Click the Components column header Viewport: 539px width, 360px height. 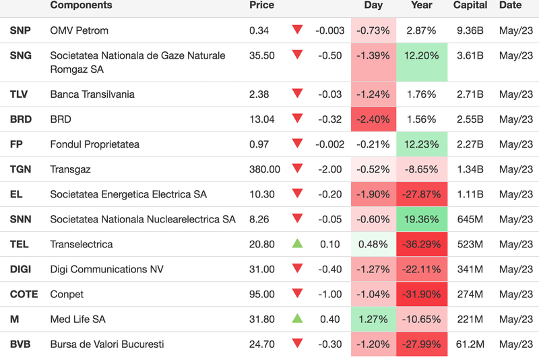coord(81,5)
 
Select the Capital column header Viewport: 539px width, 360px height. coord(470,5)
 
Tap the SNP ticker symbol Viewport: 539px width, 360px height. coord(21,30)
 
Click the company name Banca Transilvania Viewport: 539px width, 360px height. coord(92,94)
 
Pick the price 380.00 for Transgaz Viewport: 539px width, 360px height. coord(264,169)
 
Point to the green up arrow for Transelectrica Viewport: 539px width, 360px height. coord(297,243)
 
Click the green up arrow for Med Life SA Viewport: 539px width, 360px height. coord(297,318)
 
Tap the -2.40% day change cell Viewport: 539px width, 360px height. coord(373,119)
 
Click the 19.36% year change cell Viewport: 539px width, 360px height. coord(422,219)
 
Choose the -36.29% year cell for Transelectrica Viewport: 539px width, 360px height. coord(422,244)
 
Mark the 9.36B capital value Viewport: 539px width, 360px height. coord(470,30)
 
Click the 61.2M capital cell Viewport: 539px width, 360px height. coord(470,344)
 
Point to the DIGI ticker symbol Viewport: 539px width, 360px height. coord(21,269)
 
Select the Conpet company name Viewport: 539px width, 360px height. coord(67,294)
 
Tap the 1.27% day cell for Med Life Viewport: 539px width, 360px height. coord(373,319)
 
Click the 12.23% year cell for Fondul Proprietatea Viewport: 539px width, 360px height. coord(422,144)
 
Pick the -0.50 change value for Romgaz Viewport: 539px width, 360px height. coord(329,56)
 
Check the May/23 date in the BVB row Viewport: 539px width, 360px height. coord(516,344)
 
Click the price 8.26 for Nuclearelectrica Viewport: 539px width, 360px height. coord(259,219)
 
